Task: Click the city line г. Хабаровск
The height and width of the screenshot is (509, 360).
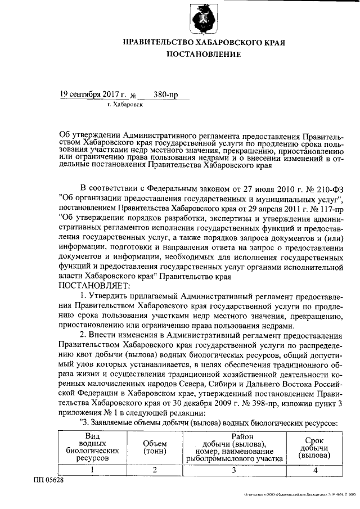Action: pyautogui.click(x=124, y=105)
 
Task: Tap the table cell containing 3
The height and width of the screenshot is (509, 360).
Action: pyautogui.click(x=235, y=470)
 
